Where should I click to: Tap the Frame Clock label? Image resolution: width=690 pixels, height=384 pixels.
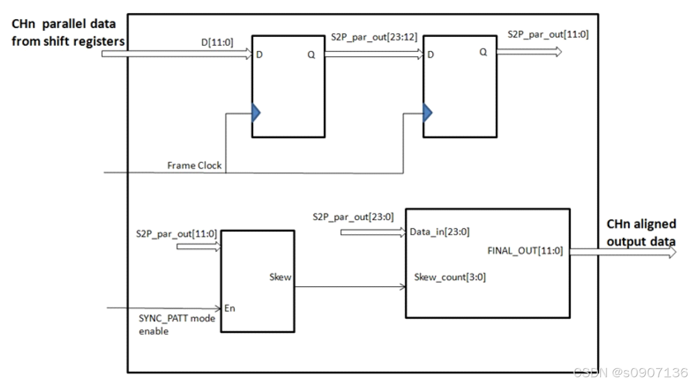194,165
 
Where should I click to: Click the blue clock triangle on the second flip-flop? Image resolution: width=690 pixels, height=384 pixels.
427,112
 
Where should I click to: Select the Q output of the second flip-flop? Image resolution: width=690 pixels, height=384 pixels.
483,52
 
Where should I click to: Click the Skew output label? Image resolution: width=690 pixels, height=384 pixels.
280,277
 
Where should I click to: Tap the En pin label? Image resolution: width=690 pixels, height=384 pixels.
230,308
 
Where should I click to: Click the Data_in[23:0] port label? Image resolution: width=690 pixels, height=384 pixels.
440,232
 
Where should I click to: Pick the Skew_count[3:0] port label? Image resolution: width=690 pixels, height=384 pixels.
450,277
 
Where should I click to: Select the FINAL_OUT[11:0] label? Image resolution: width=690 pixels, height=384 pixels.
525,251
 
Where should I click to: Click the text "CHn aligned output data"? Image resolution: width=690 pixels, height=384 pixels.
641,233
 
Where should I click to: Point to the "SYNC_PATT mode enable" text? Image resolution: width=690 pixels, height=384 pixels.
176,324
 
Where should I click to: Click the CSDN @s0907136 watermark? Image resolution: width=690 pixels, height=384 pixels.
630,373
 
